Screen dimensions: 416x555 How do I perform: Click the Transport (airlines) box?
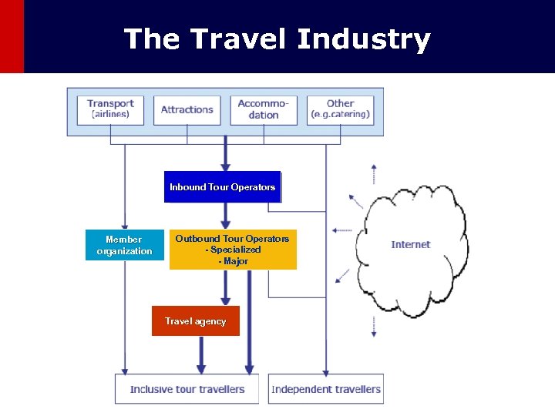(x=110, y=109)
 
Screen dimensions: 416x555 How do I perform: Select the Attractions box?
(x=187, y=109)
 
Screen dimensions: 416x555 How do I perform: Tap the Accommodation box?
(x=264, y=109)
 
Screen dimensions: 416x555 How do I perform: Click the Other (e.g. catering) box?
(x=340, y=109)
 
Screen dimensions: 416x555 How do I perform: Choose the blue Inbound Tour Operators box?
(x=222, y=187)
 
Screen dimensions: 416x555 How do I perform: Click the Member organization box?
(x=124, y=245)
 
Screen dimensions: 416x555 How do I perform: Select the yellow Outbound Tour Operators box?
(x=232, y=250)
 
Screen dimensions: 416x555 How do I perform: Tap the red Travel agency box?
(x=195, y=321)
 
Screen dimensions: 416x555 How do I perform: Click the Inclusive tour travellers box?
(x=187, y=389)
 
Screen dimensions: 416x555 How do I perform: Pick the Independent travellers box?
(x=326, y=389)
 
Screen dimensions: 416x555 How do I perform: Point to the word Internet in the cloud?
(x=411, y=244)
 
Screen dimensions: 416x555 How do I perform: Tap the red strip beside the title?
(x=12, y=36)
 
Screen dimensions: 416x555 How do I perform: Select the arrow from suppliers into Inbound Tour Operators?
(x=225, y=154)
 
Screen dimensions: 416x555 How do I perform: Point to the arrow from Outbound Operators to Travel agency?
(x=225, y=288)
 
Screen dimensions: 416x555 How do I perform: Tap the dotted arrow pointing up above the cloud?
(x=374, y=174)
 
